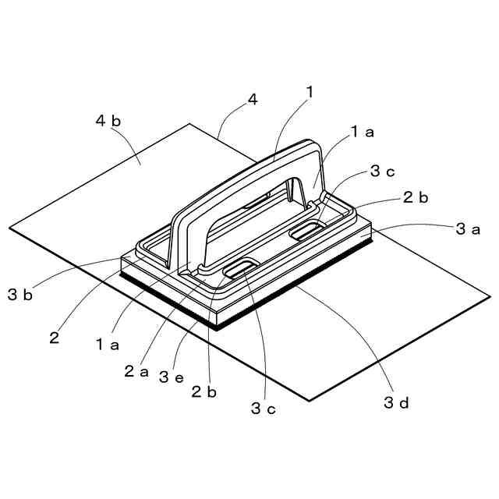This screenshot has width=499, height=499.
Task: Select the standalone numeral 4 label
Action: (252, 99)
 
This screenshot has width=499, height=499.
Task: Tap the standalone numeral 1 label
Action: (310, 91)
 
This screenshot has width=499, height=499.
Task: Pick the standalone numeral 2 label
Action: (54, 338)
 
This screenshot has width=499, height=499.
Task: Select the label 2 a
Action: (136, 372)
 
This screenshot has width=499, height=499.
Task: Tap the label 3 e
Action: (171, 377)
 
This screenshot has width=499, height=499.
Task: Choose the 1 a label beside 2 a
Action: (107, 343)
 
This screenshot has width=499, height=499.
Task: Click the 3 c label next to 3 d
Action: (263, 407)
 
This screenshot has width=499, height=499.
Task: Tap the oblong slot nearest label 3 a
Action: (306, 230)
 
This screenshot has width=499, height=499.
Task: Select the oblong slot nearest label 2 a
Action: (239, 270)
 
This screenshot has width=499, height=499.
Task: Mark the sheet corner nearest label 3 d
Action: (310, 400)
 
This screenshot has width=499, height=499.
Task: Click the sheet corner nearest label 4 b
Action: (189, 124)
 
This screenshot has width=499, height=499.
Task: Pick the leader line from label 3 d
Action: (351, 327)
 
